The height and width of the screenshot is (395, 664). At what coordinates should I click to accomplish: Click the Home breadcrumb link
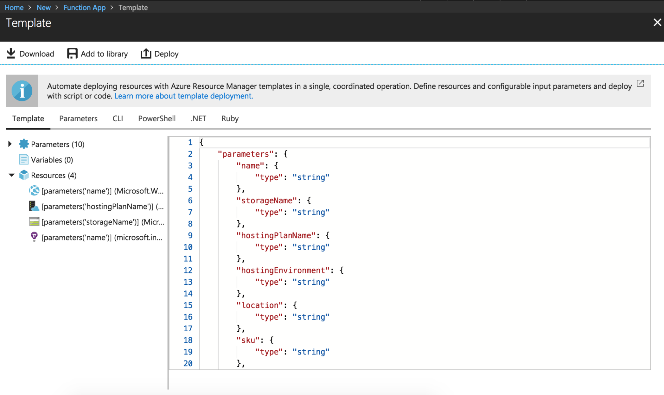point(14,7)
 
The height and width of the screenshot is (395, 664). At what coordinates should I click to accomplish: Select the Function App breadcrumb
point(84,7)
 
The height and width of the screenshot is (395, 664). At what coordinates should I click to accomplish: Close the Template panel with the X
point(657,22)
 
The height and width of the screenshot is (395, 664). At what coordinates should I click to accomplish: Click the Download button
point(30,54)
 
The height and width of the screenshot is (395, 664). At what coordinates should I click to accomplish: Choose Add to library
point(97,54)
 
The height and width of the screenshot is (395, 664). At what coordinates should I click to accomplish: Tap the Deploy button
point(160,54)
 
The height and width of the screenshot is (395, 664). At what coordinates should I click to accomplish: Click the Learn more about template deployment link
point(184,96)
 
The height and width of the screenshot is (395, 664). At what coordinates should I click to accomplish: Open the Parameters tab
point(78,118)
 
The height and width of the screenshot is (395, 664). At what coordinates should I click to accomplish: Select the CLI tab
point(118,118)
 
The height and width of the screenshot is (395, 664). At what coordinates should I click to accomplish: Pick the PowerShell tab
point(157,118)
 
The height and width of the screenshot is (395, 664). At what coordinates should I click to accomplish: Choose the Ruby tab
point(230,118)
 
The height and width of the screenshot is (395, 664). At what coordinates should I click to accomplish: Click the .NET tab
point(199,118)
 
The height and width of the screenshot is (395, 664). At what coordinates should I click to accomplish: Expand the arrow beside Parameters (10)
point(10,144)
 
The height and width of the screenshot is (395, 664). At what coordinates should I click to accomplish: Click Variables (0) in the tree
point(52,160)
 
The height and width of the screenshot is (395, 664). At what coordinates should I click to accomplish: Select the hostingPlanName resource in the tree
point(102,206)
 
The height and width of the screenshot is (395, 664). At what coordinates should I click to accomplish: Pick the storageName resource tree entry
point(103,222)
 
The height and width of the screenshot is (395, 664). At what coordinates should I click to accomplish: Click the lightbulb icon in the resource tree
point(34,237)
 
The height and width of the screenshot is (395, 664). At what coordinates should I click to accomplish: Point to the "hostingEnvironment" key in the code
point(283,270)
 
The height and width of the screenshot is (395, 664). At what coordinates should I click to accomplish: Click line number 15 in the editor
point(188,305)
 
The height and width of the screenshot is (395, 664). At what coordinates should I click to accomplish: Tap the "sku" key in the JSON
point(248,340)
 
